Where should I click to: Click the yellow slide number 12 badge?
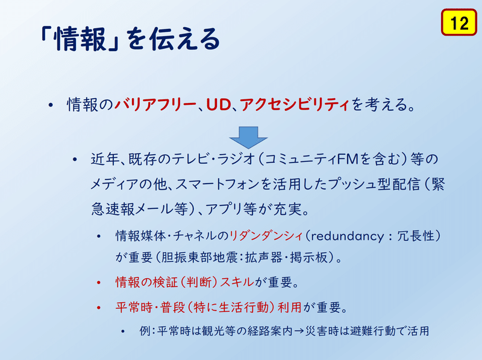coord(459,22)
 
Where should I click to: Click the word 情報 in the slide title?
coord(80,39)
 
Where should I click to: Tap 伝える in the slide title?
coord(185,39)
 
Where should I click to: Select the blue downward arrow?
coord(248,137)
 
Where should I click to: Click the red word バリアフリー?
coord(155,104)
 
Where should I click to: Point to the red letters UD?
coord(219,104)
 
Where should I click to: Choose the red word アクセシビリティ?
coord(295,104)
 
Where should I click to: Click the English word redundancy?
coord(348,237)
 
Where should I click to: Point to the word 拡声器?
coord(263,258)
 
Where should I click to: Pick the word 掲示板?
coord(308,258)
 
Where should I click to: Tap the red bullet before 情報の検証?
coord(99,282)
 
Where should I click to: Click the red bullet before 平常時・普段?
coord(99,307)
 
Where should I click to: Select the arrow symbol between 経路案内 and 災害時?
coord(298,331)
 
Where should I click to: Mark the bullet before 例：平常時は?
coord(123,331)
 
